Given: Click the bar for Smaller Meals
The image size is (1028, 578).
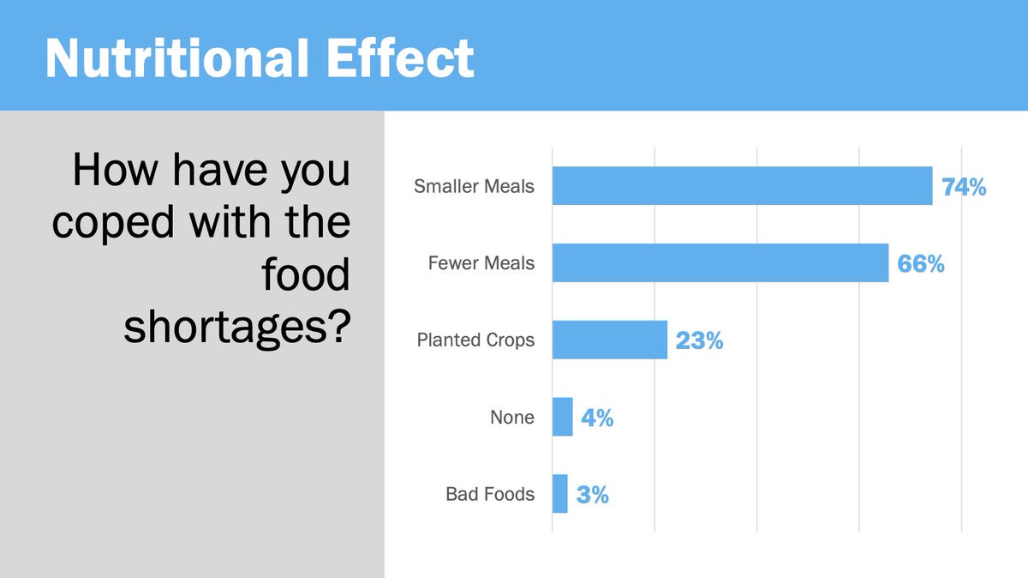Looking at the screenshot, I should coord(742,186).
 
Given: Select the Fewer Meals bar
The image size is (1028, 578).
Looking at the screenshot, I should coord(720,263).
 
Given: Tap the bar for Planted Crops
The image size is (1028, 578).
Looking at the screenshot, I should coord(609,340).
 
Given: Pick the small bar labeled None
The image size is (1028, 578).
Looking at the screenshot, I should coord(562,417).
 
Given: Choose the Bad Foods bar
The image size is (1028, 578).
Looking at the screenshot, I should coord(559,494).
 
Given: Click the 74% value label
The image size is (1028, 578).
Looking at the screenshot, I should coord(964,187).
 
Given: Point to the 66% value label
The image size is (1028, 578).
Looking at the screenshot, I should coord(920,264).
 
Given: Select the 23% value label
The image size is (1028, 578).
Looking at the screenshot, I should coord(699,341).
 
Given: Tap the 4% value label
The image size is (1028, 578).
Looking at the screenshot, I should coord(597,418).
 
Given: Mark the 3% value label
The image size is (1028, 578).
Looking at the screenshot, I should coord(592,495).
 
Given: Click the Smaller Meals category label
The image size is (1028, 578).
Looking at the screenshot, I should coord(474,186).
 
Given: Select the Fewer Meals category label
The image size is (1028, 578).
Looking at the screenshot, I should coord(481,263).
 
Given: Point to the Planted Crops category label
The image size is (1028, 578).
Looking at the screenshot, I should coord(475,340).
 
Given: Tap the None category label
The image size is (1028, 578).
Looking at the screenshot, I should coord(511,418).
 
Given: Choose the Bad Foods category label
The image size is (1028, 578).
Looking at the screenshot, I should coord(489,494).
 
